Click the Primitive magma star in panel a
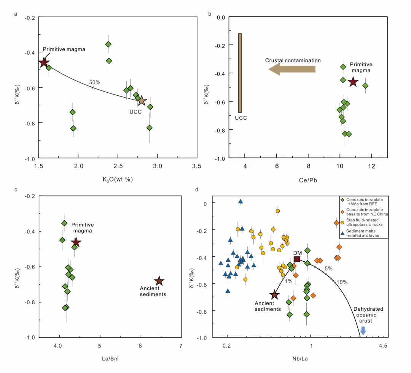point(44,62)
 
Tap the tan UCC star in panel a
point(142,101)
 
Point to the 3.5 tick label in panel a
point(196,166)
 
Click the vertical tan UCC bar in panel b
point(240,73)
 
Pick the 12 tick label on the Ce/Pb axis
point(371,166)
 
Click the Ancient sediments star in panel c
point(159,281)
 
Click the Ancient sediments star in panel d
point(274,295)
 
